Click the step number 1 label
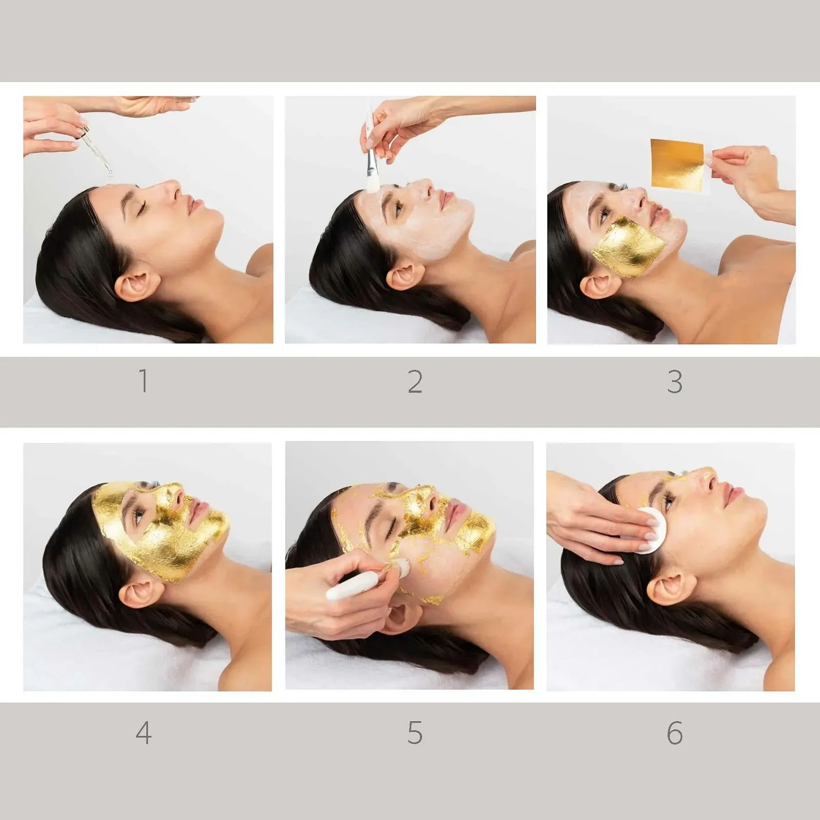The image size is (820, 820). pyautogui.click(x=143, y=381)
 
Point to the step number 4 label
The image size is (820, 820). pyautogui.click(x=143, y=733)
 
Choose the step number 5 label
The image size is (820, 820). pyautogui.click(x=415, y=733)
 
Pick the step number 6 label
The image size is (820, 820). pyautogui.click(x=675, y=733)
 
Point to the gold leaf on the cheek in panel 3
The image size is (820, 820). pyautogui.click(x=628, y=246)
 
